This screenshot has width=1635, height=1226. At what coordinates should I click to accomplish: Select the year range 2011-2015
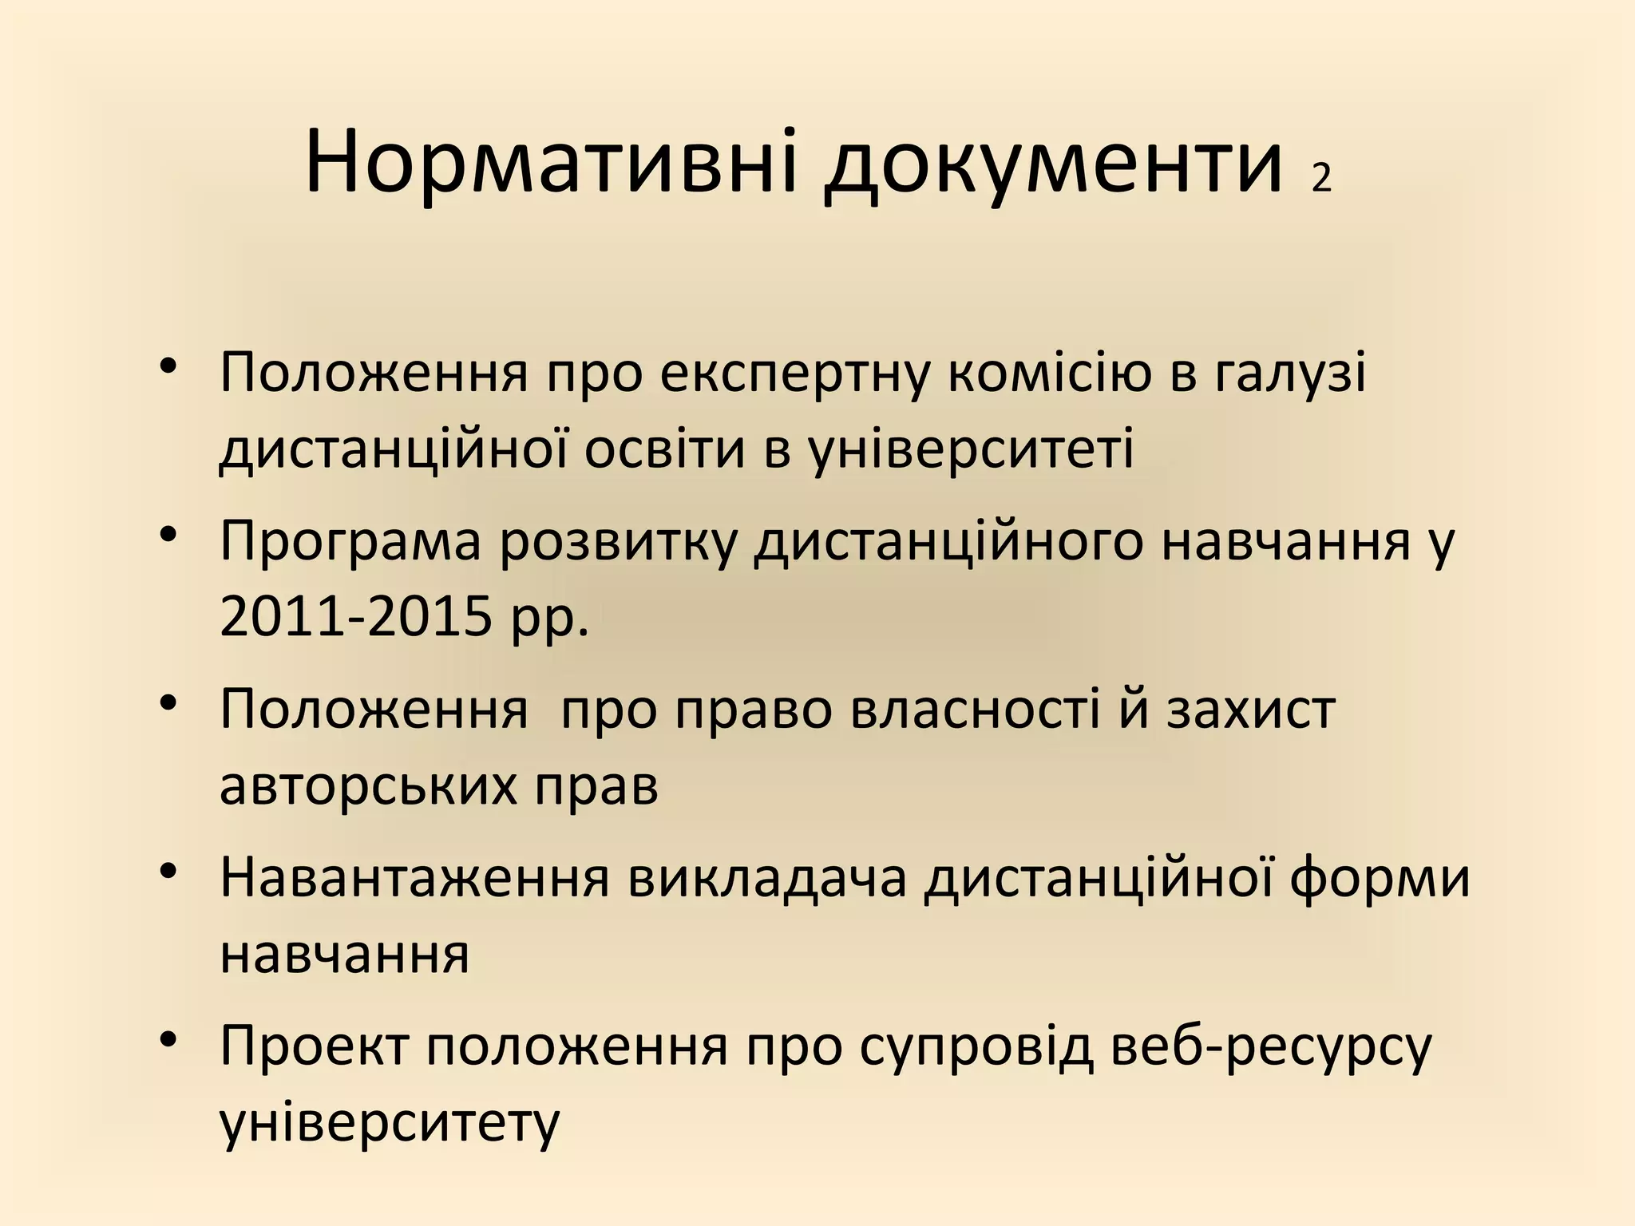(355, 617)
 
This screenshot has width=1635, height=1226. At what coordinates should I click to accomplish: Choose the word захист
(1251, 710)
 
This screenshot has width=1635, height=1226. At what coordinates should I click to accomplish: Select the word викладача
(767, 879)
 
